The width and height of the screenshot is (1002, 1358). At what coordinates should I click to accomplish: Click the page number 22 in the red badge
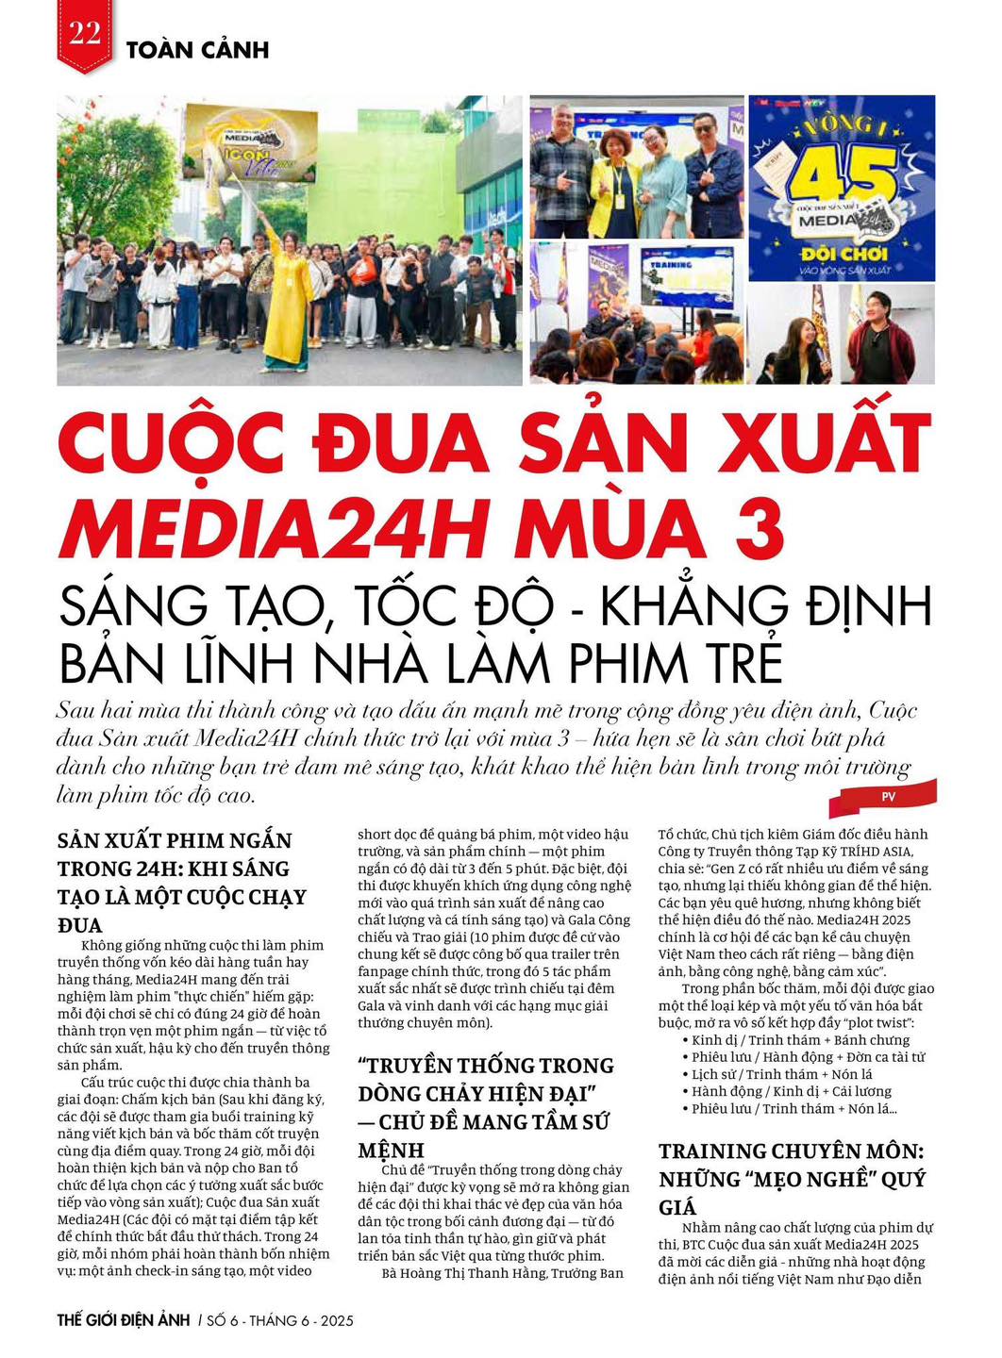tap(84, 35)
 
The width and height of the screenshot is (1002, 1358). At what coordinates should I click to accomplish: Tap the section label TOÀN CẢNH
tap(197, 50)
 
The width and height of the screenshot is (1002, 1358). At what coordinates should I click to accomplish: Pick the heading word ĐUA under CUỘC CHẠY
tap(80, 925)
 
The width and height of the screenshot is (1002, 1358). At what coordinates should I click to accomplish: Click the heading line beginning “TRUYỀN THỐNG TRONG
tap(485, 1066)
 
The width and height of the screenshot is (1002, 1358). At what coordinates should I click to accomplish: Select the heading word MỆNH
tap(391, 1151)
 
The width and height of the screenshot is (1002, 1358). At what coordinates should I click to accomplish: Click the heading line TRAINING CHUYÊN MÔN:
tap(792, 1151)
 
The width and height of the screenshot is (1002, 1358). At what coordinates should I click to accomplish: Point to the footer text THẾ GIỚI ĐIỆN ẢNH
tap(124, 1320)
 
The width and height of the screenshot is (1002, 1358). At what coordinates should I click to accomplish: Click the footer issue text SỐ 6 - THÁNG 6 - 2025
tap(279, 1321)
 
